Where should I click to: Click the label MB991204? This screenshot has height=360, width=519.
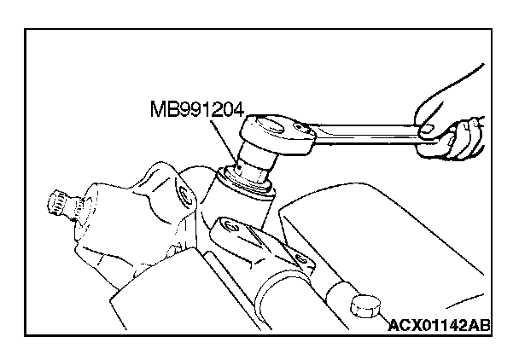[195, 109]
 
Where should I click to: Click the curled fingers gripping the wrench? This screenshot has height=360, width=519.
[460, 136]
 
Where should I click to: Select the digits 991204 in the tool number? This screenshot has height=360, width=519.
[209, 109]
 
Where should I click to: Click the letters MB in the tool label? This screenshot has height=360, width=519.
[161, 109]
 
